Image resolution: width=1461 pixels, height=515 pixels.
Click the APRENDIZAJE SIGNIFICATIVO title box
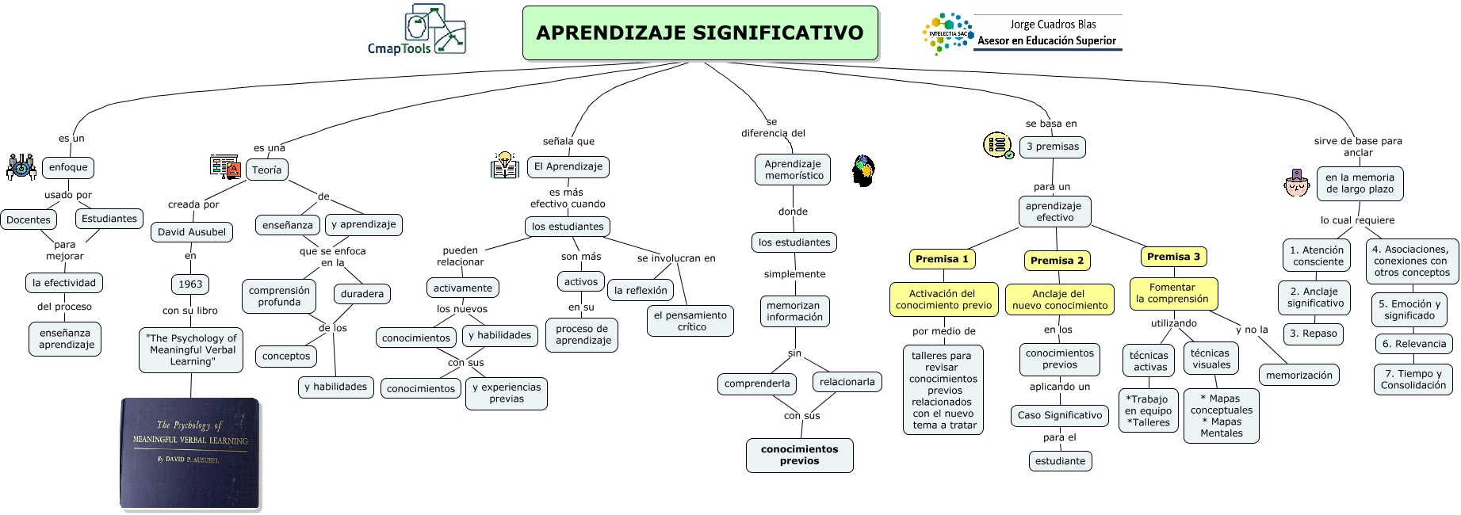click(x=700, y=33)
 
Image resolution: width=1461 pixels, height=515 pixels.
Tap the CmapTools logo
click(x=417, y=30)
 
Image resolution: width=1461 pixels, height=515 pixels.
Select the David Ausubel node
click(x=192, y=232)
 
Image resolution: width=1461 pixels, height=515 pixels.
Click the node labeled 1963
click(x=190, y=284)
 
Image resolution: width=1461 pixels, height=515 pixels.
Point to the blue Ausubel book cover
click(x=190, y=452)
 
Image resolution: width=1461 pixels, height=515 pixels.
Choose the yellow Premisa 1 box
click(x=942, y=259)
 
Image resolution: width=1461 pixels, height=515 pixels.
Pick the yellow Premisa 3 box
click(x=1173, y=257)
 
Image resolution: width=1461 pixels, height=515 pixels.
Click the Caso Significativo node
click(x=1060, y=415)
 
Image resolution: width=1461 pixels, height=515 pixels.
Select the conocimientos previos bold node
click(x=799, y=455)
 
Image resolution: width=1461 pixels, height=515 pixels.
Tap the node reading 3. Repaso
click(x=1313, y=334)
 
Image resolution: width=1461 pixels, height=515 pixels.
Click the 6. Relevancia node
click(x=1414, y=344)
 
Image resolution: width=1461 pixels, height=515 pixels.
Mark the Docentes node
click(x=29, y=220)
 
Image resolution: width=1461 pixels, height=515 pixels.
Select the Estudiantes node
click(x=109, y=219)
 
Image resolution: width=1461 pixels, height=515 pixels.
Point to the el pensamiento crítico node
click(x=690, y=321)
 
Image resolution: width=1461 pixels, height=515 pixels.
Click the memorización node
click(x=1298, y=375)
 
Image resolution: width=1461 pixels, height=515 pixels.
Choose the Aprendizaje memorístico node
click(x=793, y=170)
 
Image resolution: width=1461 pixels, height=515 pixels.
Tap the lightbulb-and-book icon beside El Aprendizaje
click(x=504, y=165)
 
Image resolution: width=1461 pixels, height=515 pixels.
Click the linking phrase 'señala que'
click(x=568, y=141)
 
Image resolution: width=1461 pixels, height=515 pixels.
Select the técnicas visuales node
click(x=1210, y=359)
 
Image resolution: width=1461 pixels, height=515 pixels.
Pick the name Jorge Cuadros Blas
click(x=1053, y=25)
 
